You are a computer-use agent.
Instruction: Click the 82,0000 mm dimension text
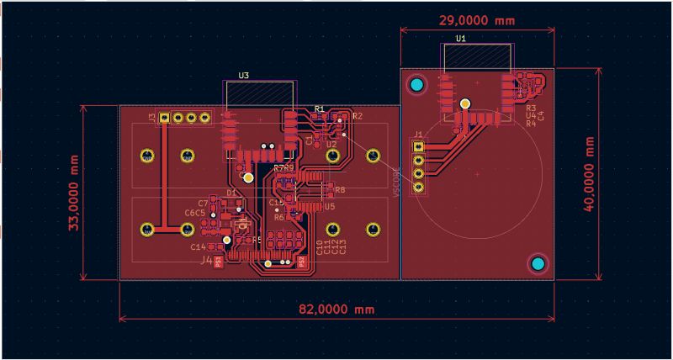point(336,309)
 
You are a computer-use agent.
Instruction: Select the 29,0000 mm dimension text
point(476,19)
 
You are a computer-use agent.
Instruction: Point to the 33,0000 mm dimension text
point(74,193)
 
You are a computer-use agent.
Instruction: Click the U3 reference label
point(243,75)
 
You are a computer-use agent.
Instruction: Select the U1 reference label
point(461,39)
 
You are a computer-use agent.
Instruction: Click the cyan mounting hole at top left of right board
point(415,84)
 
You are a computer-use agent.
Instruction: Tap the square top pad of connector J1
point(418,146)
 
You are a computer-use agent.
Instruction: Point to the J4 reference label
point(207,260)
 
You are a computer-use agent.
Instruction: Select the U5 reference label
point(330,206)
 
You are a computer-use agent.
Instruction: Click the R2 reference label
point(357,115)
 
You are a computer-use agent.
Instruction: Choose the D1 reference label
point(231,193)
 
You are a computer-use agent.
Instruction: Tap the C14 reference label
point(198,247)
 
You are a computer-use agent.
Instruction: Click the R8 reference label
point(340,190)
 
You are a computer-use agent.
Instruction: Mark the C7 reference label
point(203,203)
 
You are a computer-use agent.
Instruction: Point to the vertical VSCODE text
point(396,182)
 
